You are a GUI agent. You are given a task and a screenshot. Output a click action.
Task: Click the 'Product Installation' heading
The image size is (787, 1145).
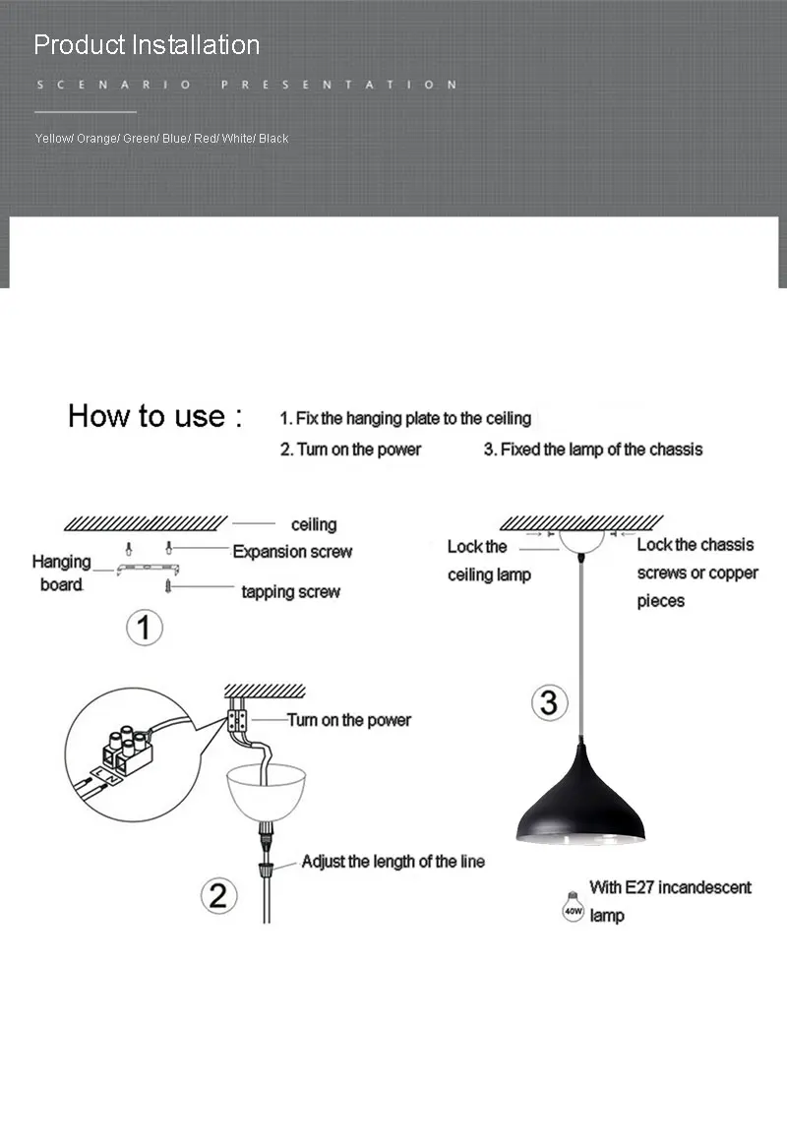(x=147, y=45)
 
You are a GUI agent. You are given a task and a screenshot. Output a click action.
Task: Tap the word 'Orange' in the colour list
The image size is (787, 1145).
(x=96, y=138)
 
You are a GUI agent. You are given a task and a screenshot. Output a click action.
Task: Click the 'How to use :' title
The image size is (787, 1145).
(x=154, y=416)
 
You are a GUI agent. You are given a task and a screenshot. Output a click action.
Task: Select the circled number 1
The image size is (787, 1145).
(x=144, y=628)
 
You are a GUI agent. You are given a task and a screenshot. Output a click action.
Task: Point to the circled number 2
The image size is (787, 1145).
(x=218, y=896)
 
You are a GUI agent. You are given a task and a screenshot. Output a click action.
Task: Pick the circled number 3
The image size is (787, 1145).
(x=549, y=702)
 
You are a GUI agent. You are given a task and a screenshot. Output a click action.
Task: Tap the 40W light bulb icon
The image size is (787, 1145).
(x=574, y=908)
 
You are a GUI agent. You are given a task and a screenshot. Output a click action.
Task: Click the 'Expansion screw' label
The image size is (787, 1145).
(x=292, y=552)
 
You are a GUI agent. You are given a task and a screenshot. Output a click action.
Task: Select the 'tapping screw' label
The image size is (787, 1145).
(x=290, y=591)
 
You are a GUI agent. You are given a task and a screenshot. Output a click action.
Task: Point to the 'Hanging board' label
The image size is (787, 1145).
(x=61, y=572)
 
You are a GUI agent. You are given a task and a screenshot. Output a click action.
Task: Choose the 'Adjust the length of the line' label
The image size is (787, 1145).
(x=393, y=862)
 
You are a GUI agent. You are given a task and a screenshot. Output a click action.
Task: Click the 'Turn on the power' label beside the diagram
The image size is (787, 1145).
(x=349, y=720)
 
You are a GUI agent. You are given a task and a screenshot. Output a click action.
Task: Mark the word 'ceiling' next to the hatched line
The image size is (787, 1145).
(x=314, y=524)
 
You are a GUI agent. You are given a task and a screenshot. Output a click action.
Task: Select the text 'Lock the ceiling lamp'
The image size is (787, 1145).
(x=489, y=561)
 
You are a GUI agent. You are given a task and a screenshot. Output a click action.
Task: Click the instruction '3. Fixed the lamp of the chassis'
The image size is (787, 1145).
(x=593, y=450)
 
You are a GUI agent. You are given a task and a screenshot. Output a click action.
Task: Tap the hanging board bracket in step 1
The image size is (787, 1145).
(x=148, y=569)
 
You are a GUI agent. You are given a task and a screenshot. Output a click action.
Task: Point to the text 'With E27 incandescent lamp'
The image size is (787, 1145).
(x=670, y=901)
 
